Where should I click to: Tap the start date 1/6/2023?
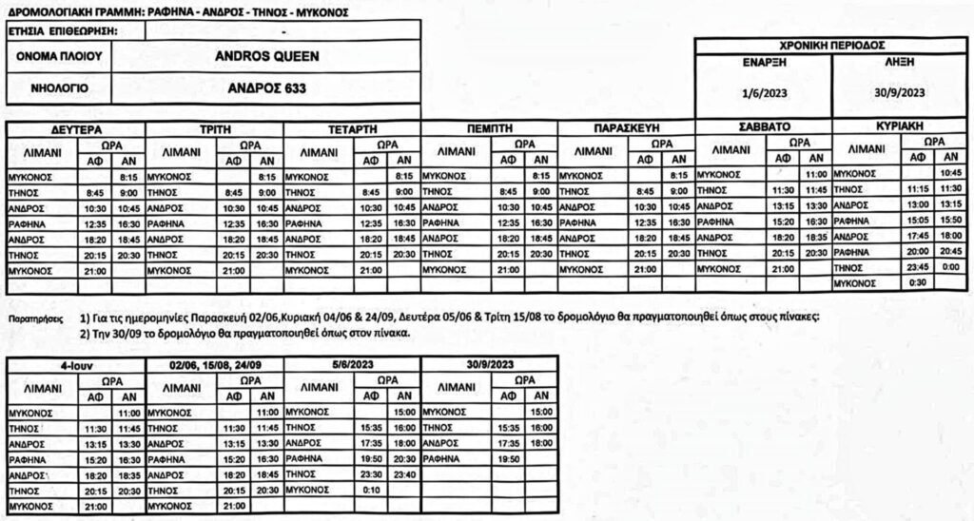click(762, 92)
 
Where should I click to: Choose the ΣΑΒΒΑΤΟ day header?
click(763, 125)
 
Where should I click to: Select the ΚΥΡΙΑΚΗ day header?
click(899, 125)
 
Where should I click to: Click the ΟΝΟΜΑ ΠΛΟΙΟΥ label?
click(59, 57)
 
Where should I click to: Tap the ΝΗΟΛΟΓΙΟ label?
click(59, 89)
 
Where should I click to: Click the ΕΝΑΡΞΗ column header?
click(763, 61)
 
